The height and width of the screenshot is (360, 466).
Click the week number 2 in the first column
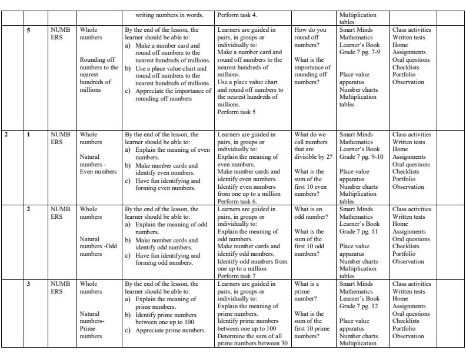pos(6,135)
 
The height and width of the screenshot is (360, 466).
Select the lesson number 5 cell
pos(29,29)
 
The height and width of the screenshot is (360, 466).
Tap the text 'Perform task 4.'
pos(237,15)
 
